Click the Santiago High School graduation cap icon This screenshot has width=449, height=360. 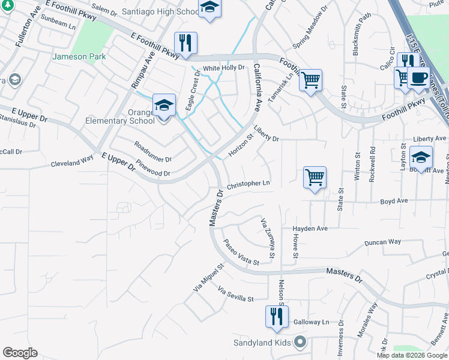point(209,8)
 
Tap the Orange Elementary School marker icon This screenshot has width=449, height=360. point(164,106)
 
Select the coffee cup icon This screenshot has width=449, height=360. point(418,78)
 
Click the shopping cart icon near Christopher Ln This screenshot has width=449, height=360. point(315,177)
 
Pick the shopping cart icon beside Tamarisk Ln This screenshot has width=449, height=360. point(310,80)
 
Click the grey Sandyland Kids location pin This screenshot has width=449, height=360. point(301,343)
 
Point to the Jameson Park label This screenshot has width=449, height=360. point(80,57)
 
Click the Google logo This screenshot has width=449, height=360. point(20,353)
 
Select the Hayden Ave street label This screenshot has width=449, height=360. point(310,229)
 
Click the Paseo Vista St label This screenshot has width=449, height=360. point(241,253)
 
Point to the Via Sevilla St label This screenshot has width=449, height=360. point(236,293)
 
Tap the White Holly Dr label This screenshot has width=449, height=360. point(224,68)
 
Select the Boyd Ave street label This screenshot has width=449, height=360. point(394,201)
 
